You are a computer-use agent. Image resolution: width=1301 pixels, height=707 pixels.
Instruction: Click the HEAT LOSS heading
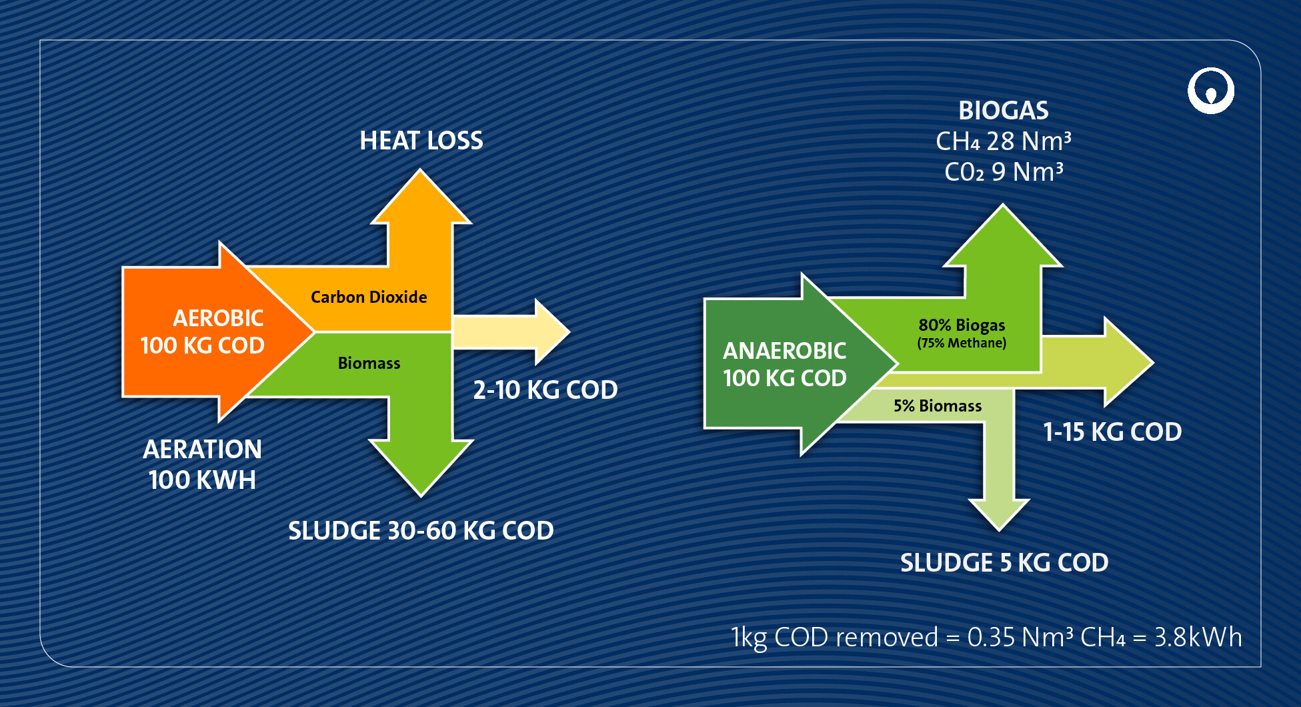tap(421, 141)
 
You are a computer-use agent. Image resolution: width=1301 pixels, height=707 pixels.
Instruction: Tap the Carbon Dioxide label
tap(369, 297)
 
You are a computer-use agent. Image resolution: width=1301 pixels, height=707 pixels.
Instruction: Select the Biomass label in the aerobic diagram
tap(369, 363)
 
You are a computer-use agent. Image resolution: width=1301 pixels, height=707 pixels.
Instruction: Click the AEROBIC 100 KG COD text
tap(203, 331)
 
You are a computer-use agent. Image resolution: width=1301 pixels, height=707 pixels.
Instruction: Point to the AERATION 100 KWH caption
tap(202, 464)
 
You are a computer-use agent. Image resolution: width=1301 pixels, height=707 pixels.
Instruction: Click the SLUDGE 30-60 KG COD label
tap(421, 530)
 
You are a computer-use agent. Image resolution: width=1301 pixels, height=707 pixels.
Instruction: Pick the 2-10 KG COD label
tap(545, 390)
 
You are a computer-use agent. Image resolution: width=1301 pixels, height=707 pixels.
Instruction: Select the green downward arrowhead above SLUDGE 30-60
tap(421, 467)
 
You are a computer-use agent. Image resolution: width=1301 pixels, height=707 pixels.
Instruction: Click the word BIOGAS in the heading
tap(1003, 111)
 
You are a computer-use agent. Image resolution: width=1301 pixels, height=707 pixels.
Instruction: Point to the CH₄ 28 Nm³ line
tap(1003, 141)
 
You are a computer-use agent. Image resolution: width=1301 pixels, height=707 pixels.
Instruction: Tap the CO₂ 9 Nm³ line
tap(1003, 172)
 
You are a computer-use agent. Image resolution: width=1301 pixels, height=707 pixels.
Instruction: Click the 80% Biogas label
tap(961, 325)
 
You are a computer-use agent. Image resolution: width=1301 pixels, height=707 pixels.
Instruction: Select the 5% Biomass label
tap(937, 406)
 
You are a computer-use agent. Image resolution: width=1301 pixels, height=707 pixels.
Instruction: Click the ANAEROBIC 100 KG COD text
tap(785, 364)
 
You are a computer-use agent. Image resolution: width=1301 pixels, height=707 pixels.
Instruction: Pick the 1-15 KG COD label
tap(1112, 432)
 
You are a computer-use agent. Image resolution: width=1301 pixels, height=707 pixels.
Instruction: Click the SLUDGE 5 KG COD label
tap(1004, 562)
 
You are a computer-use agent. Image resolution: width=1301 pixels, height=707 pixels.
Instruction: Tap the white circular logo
tap(1210, 91)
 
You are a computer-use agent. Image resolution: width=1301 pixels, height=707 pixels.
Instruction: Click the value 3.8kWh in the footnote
tap(1198, 637)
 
